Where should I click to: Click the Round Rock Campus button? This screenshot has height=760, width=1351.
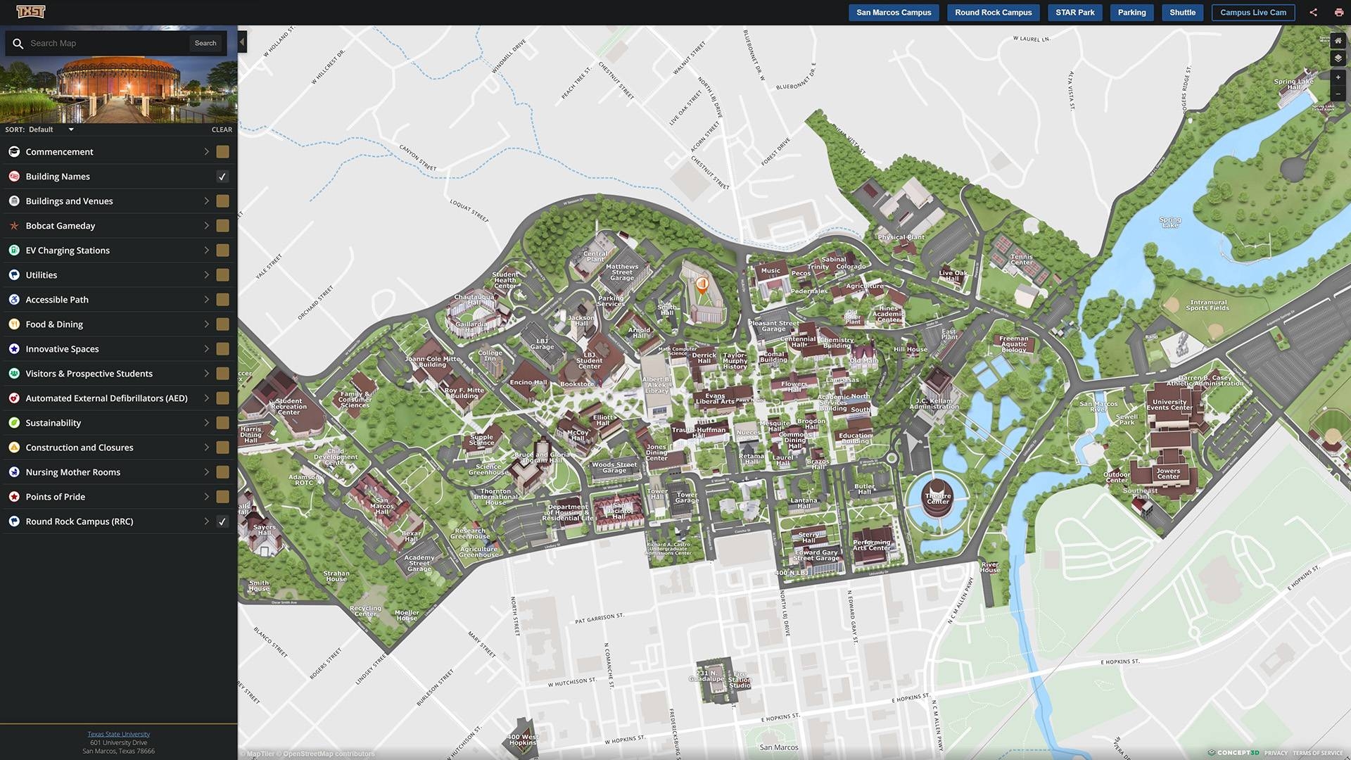point(993,13)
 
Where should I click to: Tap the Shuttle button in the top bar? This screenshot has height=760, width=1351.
point(1182,13)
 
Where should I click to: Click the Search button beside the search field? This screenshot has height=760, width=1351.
point(205,43)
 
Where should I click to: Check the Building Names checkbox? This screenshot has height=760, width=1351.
point(222,177)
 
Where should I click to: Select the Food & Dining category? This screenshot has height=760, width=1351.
point(54,324)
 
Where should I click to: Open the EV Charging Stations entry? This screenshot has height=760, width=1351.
point(68,251)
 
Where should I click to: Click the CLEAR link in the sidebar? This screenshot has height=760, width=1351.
point(222,129)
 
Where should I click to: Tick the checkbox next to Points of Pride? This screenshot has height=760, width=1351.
point(222,497)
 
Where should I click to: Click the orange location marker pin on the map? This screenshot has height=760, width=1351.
point(702,284)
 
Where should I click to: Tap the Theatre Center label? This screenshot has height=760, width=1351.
point(937,498)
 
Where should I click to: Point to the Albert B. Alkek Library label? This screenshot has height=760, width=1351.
point(656,385)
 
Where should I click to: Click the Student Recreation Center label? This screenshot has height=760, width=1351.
point(288,406)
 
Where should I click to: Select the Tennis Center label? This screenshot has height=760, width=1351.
point(1021,260)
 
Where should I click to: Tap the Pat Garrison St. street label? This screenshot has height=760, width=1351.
point(599,619)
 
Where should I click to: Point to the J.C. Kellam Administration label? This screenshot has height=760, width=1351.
point(934,403)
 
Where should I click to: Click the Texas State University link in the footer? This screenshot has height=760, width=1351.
point(118,734)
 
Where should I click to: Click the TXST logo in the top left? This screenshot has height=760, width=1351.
point(30,12)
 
